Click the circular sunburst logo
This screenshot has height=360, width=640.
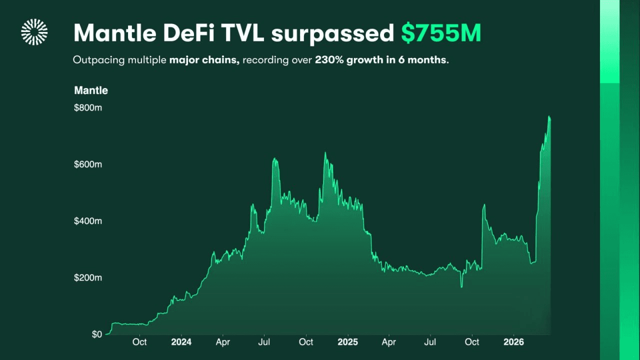(34, 32)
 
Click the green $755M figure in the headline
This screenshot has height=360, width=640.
(441, 33)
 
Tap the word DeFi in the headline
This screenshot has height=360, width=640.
(185, 33)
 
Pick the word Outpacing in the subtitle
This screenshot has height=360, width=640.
(95, 60)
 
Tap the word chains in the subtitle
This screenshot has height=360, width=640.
(225, 60)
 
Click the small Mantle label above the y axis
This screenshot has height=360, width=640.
(91, 90)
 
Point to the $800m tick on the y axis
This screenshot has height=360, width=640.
(88, 107)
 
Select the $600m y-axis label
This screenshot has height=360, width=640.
(88, 164)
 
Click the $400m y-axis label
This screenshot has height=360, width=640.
(88, 220)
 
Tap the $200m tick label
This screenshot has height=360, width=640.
(88, 277)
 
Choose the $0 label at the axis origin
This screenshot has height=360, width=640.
(97, 334)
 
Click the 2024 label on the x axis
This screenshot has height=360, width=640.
(181, 342)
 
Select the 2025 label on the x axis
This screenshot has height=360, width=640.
(347, 342)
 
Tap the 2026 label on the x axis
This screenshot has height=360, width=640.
(513, 342)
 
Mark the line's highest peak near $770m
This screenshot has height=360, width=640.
(549, 116)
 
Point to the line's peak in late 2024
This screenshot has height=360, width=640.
(325, 152)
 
